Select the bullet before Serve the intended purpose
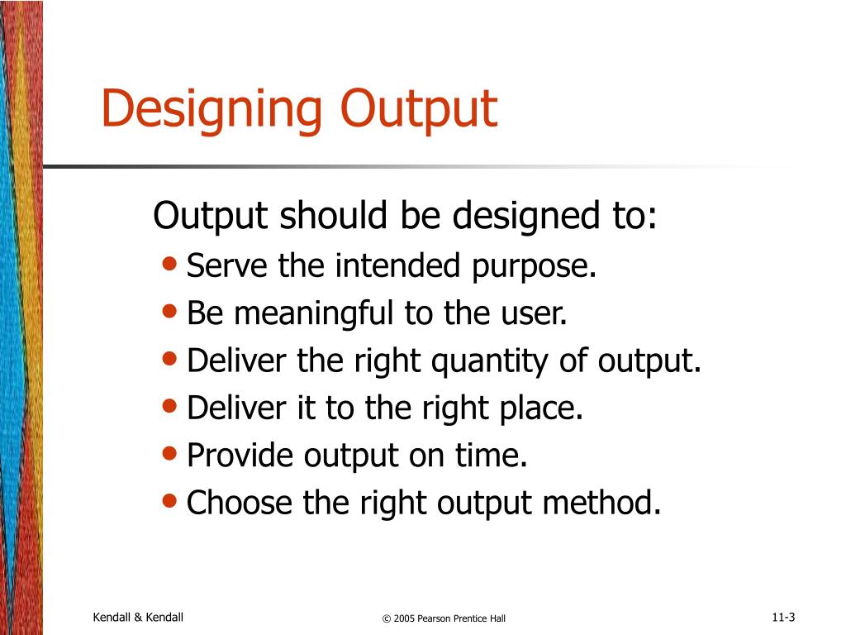[170, 265]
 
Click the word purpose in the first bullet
[533, 268]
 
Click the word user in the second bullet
[538, 315]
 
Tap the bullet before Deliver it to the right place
[170, 407]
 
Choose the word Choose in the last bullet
[240, 503]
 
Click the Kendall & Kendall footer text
[138, 618]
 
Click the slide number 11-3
[783, 618]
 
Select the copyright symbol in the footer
[386, 618]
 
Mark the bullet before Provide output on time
[170, 454]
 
